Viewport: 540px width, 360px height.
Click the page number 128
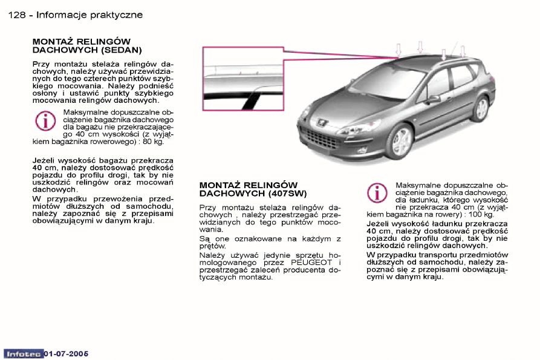17,15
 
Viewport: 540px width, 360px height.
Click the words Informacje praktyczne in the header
89,15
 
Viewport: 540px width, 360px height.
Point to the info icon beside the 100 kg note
377,194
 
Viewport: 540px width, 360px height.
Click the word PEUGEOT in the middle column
313,263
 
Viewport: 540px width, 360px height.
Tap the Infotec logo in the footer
23,353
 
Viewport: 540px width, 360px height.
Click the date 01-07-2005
67,353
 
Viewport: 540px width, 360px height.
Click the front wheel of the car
402,141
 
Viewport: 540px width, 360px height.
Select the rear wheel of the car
481,108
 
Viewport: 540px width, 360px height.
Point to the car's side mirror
433,99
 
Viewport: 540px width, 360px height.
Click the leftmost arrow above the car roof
398,49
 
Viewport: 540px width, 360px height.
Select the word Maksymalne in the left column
86,112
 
